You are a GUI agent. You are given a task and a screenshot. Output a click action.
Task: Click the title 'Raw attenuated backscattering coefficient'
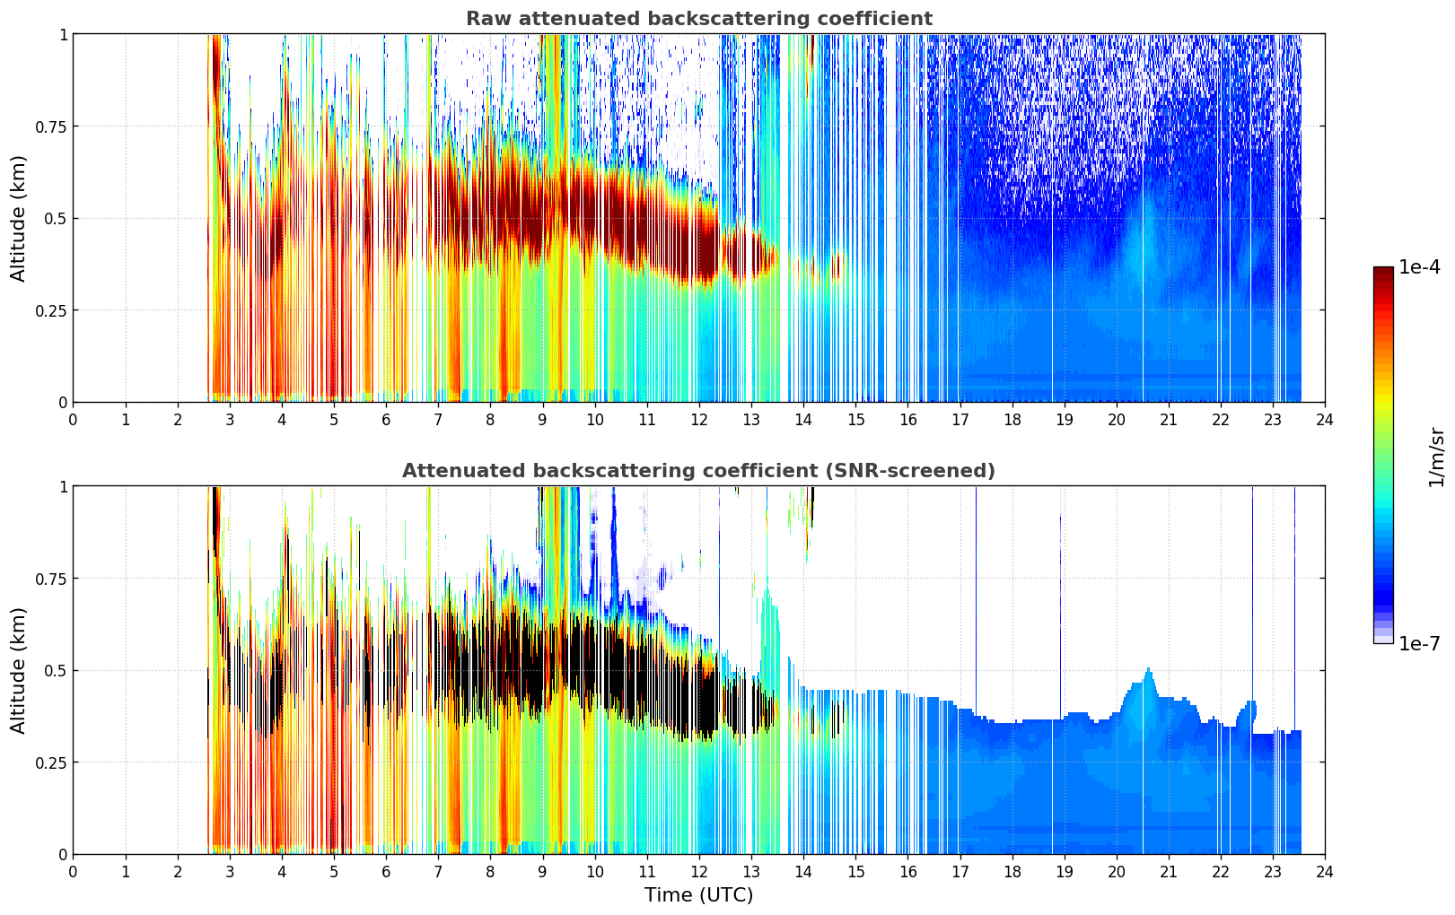tap(698, 19)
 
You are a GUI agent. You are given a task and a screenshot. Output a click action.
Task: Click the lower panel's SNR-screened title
tap(698, 471)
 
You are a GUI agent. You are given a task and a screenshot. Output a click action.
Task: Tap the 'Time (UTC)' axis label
tap(698, 895)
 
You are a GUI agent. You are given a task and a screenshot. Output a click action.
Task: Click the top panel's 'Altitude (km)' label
tap(19, 218)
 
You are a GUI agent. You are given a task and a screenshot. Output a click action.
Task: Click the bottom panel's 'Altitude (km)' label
tap(19, 670)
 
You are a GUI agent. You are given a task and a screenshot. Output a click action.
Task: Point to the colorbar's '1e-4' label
tap(1419, 267)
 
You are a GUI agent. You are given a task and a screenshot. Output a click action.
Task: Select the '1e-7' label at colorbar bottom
tap(1419, 643)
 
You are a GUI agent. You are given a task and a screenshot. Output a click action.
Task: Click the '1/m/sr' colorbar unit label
tap(1436, 457)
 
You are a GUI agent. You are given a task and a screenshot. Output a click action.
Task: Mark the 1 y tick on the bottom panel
tap(63, 486)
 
